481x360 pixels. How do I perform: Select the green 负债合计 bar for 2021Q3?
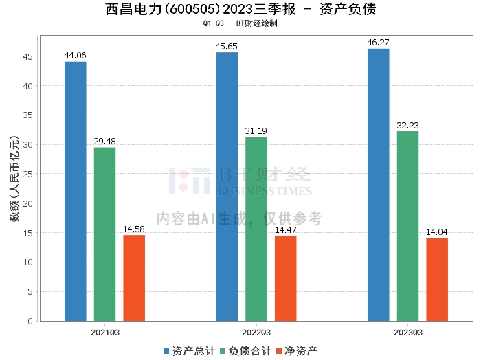105,234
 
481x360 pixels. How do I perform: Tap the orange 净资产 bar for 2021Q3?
134,278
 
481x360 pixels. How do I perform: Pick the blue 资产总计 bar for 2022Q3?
227,186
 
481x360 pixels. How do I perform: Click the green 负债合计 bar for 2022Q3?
256,229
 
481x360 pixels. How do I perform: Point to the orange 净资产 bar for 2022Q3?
285,278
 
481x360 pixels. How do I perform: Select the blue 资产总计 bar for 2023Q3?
378,184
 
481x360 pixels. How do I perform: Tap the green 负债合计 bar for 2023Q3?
407,226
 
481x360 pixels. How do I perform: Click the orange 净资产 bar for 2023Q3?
437,279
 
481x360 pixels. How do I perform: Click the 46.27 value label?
378,42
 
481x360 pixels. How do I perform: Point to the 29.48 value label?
105,141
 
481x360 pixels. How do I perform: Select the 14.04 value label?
437,232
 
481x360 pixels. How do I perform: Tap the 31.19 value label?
256,131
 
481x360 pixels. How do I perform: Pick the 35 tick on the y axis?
29,115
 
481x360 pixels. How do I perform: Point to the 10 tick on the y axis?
29,262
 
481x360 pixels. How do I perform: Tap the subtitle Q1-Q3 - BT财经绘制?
240,23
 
